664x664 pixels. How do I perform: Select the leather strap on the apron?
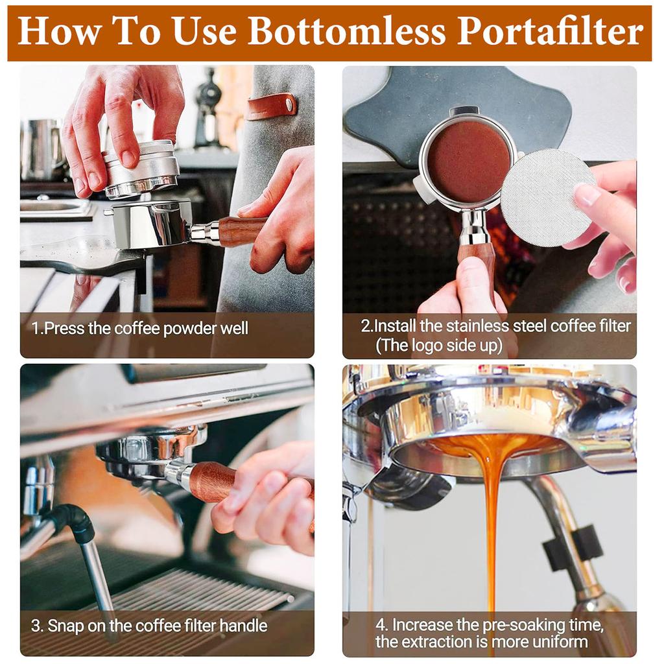coord(271,106)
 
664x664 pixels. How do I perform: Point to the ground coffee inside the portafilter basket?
coord(468,161)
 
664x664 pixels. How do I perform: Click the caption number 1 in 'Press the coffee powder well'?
coord(35,329)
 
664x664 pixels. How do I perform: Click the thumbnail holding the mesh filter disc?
coord(587,195)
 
